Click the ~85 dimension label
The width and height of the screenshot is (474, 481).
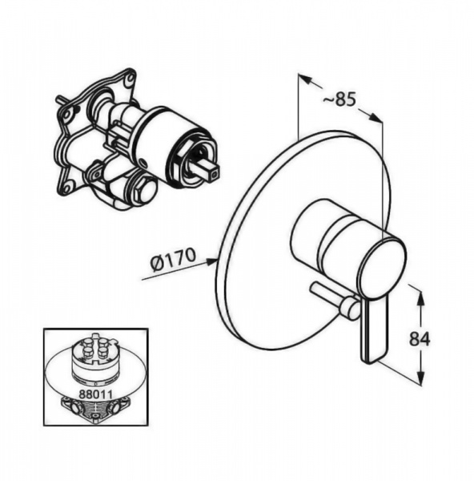tap(339, 99)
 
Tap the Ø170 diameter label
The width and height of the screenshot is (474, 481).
tap(173, 260)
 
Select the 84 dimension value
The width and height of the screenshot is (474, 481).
tap(420, 339)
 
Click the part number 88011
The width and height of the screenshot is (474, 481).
tap(95, 394)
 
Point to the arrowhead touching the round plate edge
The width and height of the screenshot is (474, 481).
tap(211, 261)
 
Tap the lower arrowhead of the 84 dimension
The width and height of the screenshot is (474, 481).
tap(422, 377)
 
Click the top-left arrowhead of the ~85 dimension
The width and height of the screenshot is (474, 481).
tap(305, 79)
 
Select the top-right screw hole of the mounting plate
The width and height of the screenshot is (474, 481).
tap(131, 77)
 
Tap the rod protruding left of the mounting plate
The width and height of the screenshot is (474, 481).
tap(62, 102)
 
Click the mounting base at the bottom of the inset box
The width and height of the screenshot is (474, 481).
tap(95, 410)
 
